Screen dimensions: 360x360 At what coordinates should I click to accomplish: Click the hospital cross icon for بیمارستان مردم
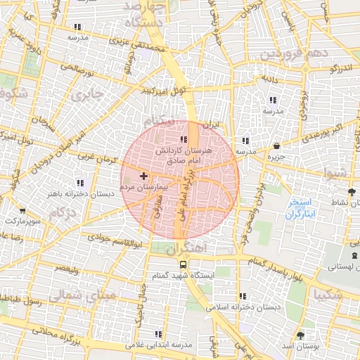click(x=144, y=175)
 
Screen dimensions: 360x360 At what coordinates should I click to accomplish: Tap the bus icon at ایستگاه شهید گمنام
click(x=183, y=265)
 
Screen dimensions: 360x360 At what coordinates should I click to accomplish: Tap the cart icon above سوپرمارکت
click(x=23, y=210)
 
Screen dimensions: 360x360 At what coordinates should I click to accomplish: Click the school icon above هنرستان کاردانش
click(x=184, y=139)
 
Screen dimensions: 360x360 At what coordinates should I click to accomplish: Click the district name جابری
click(x=88, y=94)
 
